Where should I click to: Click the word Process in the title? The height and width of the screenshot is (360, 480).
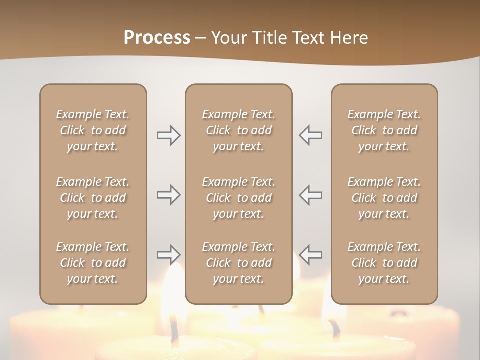tap(157, 38)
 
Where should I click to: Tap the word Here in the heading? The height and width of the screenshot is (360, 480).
tap(349, 38)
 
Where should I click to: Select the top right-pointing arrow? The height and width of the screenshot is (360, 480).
tap(168, 135)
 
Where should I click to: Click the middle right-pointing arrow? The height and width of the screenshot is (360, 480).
tap(168, 195)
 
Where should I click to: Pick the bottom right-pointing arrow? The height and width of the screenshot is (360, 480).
tap(168, 255)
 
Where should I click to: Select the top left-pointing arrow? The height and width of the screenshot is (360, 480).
tap(311, 135)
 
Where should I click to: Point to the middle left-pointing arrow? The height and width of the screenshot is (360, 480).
tap(311, 195)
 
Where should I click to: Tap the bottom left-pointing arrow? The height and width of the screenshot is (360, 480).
tap(311, 255)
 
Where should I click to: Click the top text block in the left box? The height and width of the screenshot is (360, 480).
tap(93, 130)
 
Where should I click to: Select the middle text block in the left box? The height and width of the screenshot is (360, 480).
tap(93, 198)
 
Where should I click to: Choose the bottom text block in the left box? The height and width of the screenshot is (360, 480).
tap(93, 263)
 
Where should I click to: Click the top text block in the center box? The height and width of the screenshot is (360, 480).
tap(238, 130)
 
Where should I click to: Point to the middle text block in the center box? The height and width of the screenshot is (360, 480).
tap(238, 198)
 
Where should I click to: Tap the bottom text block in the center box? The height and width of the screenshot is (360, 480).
tap(238, 263)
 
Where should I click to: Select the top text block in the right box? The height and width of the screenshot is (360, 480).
tap(384, 130)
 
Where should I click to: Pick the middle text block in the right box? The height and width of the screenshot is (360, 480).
tap(384, 198)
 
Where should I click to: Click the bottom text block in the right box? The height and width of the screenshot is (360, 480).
tap(384, 263)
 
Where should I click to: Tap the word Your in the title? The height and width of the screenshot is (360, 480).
tap(229, 38)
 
